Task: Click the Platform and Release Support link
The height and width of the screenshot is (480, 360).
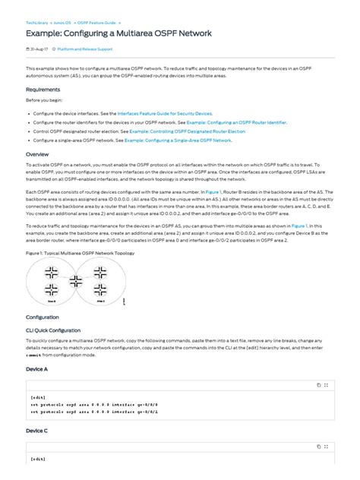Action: (x=85, y=49)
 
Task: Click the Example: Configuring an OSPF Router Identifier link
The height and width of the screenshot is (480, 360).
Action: (x=235, y=122)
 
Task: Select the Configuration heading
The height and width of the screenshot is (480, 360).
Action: (x=43, y=317)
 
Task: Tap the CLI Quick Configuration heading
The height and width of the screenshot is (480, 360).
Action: (x=53, y=330)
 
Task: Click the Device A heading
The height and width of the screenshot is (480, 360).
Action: (x=36, y=368)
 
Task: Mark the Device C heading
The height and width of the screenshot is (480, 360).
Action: (x=36, y=431)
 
